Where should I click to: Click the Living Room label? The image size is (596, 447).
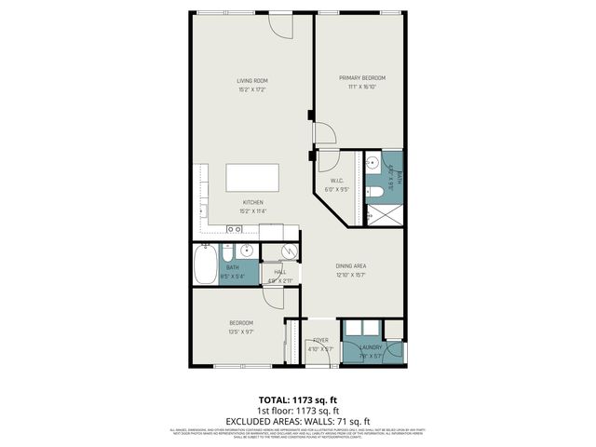(251, 81)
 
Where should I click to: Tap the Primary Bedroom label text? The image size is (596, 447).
(361, 78)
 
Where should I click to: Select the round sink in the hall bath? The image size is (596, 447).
(246, 251)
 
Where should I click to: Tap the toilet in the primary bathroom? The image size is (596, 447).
(374, 192)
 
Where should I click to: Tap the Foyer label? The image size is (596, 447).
(320, 340)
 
